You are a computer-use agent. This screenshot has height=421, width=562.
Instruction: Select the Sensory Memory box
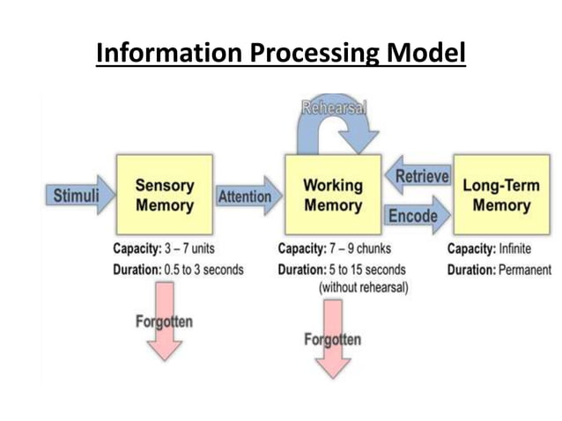(164, 196)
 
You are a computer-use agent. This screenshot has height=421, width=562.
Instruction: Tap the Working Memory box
(332, 196)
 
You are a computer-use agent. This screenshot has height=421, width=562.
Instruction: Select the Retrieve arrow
(419, 176)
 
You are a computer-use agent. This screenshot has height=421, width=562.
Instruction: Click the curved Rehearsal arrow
(335, 123)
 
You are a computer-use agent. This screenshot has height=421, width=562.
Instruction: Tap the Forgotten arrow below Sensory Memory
(163, 321)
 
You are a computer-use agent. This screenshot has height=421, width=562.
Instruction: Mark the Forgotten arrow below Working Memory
(332, 339)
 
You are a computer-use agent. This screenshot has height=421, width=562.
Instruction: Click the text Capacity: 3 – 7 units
(164, 249)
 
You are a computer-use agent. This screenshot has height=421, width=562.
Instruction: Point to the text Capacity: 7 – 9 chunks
(334, 249)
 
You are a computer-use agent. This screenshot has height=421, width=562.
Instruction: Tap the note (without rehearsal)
(363, 288)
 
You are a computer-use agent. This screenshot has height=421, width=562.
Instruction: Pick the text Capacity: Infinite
(489, 249)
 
